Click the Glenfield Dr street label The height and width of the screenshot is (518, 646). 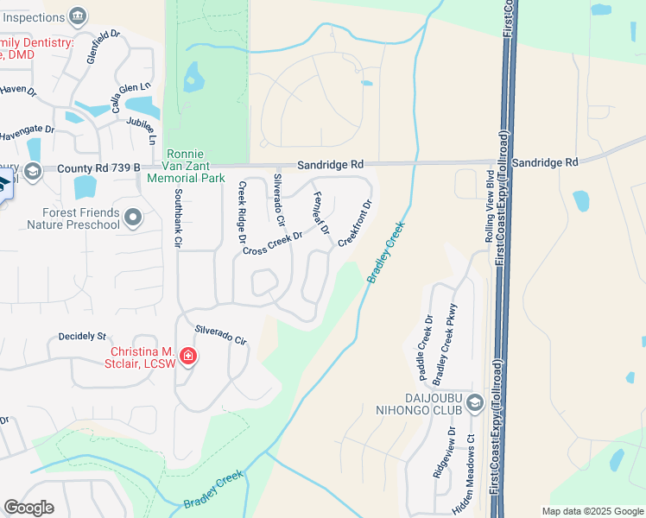[x=100, y=48]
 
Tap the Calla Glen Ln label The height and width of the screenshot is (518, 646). [x=130, y=98]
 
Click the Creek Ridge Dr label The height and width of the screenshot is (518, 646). [x=243, y=213]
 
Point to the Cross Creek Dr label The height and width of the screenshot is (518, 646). [x=273, y=243]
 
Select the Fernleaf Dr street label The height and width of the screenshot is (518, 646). [x=320, y=213]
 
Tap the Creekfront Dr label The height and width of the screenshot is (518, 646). [x=355, y=224]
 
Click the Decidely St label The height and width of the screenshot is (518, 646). [x=81, y=336]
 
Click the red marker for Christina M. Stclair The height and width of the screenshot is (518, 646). [x=187, y=357]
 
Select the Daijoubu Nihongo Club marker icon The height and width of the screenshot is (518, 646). [x=473, y=403]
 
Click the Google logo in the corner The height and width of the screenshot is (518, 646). [x=28, y=508]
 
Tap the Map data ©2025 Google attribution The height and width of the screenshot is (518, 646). [x=592, y=511]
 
